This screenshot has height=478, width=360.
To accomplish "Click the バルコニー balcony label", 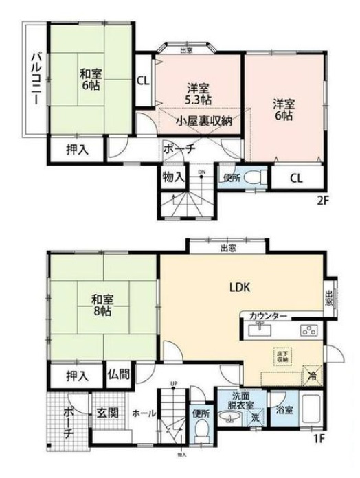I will pos(36,78).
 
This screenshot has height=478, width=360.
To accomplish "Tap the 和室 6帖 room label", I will pos(91,80).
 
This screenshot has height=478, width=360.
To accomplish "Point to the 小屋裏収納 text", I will pos(203,121).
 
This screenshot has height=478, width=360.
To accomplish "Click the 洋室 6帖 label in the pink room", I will pos(283,110).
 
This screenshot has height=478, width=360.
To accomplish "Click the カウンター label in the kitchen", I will pos(268,316).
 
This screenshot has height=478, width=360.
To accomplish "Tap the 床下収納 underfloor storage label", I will pos(283,355).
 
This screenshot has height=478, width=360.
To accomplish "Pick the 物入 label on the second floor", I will pos(173,177).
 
